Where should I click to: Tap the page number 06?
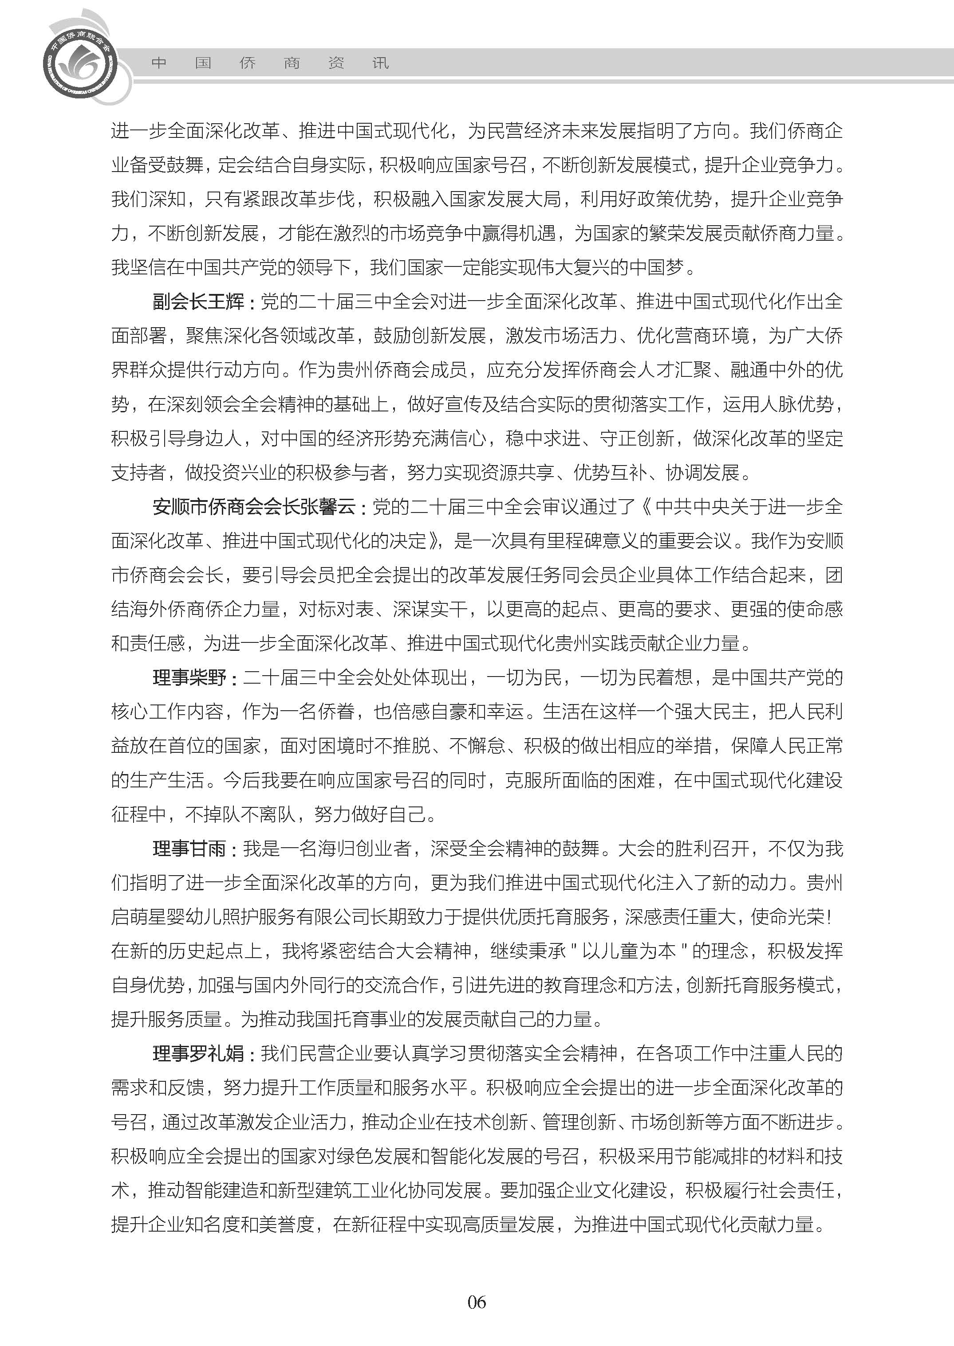(x=477, y=1302)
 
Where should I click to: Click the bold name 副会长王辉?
(x=198, y=302)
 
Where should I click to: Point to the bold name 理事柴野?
(x=189, y=678)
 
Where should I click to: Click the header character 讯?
(x=381, y=63)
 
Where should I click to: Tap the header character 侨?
(x=247, y=63)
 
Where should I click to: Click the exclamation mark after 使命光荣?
(x=829, y=917)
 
